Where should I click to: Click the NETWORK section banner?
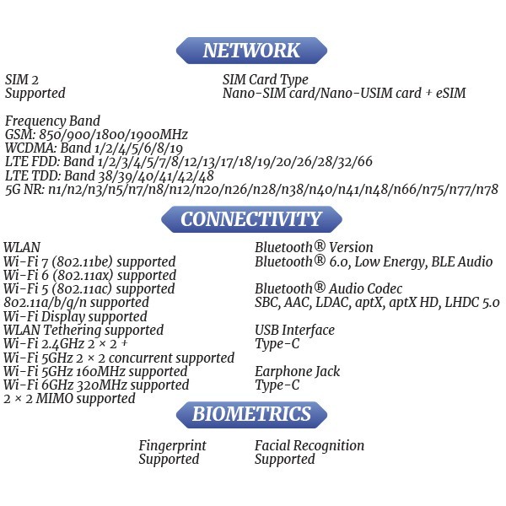(251, 51)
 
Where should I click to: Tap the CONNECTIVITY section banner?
(251, 219)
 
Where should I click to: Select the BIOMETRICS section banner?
(251, 414)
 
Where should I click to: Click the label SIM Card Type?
(266, 80)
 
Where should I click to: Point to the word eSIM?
(451, 93)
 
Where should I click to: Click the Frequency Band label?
(52, 121)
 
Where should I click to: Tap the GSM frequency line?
(96, 135)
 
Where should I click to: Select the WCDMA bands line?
(94, 148)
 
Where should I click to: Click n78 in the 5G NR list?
(488, 189)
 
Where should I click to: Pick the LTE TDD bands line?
(110, 175)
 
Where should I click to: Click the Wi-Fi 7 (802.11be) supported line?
(89, 261)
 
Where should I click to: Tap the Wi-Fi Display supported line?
(76, 316)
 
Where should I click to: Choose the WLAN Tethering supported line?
(83, 330)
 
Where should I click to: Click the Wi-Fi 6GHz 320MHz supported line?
(96, 385)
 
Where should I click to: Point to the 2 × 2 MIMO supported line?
(69, 399)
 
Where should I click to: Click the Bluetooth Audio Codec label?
(329, 288)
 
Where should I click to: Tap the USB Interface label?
(294, 330)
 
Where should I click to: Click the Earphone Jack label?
(297, 371)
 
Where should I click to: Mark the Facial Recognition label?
(310, 445)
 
